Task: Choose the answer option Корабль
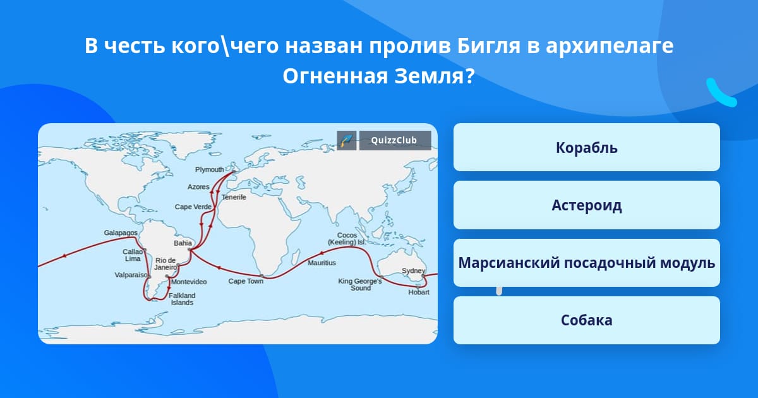(x=586, y=148)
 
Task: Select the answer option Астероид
(x=586, y=205)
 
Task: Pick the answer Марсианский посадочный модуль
(x=586, y=263)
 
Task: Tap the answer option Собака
(x=586, y=320)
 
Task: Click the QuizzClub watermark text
(x=394, y=140)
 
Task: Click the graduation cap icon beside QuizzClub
(x=347, y=140)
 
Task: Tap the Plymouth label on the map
(x=210, y=169)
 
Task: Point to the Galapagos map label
(x=121, y=233)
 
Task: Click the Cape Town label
(x=246, y=281)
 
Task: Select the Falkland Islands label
(x=182, y=299)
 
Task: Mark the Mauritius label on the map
(x=322, y=263)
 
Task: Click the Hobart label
(x=419, y=292)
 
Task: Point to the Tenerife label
(x=234, y=197)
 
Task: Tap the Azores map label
(x=198, y=187)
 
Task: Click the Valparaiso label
(x=131, y=275)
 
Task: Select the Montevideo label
(x=189, y=282)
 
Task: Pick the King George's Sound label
(x=360, y=285)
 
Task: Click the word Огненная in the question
(x=335, y=76)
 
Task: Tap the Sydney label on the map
(x=413, y=271)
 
